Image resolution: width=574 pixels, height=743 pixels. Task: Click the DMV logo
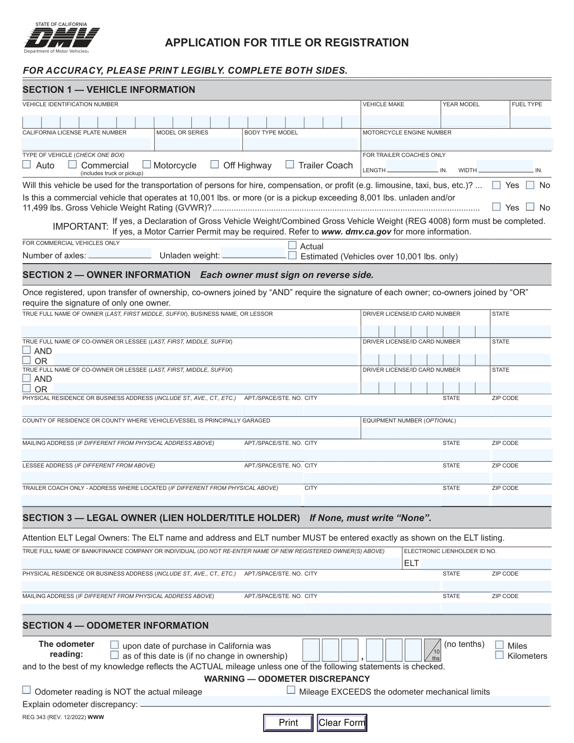coord(62,38)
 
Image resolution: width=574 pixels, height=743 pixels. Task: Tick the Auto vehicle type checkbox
coord(27,165)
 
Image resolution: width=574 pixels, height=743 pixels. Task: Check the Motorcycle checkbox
coord(147,165)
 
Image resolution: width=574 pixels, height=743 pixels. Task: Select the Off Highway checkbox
coord(215,165)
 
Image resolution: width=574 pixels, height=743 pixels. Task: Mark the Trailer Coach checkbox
coord(289,165)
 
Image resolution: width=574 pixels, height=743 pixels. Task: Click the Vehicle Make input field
coord(400,122)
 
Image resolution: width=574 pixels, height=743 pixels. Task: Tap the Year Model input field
coord(475,122)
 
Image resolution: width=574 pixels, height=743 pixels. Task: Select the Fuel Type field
coord(530,122)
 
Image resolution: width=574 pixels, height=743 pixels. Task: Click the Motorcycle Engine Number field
coord(456,144)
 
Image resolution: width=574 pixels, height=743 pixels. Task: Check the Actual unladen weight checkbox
coord(292,245)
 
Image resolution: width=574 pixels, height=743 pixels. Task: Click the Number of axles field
coord(120,254)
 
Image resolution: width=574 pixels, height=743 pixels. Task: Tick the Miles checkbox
coord(499,645)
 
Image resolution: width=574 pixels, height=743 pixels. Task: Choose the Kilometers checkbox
coord(499,655)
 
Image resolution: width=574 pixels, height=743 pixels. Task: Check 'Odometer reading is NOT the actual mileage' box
coord(27,690)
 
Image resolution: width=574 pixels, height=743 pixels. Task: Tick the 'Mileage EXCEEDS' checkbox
coord(291,690)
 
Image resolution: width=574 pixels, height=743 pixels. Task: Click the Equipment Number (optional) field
coord(456,432)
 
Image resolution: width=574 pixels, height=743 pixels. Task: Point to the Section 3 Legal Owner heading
coord(161,518)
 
